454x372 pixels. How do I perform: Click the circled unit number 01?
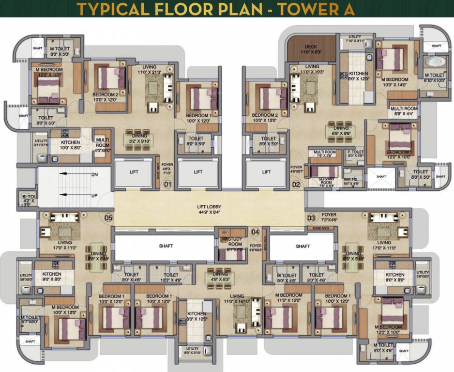(x=167, y=184)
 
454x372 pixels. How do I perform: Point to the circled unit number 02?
(x=297, y=184)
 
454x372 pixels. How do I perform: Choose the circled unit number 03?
(x=312, y=218)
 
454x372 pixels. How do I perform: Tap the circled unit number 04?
(x=255, y=232)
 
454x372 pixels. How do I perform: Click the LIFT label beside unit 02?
(x=267, y=172)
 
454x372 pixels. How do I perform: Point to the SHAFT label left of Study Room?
(x=166, y=246)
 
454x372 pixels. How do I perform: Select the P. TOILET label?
(x=355, y=153)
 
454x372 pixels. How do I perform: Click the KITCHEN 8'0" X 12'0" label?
(x=358, y=77)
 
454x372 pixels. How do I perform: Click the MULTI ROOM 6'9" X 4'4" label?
(x=404, y=111)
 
